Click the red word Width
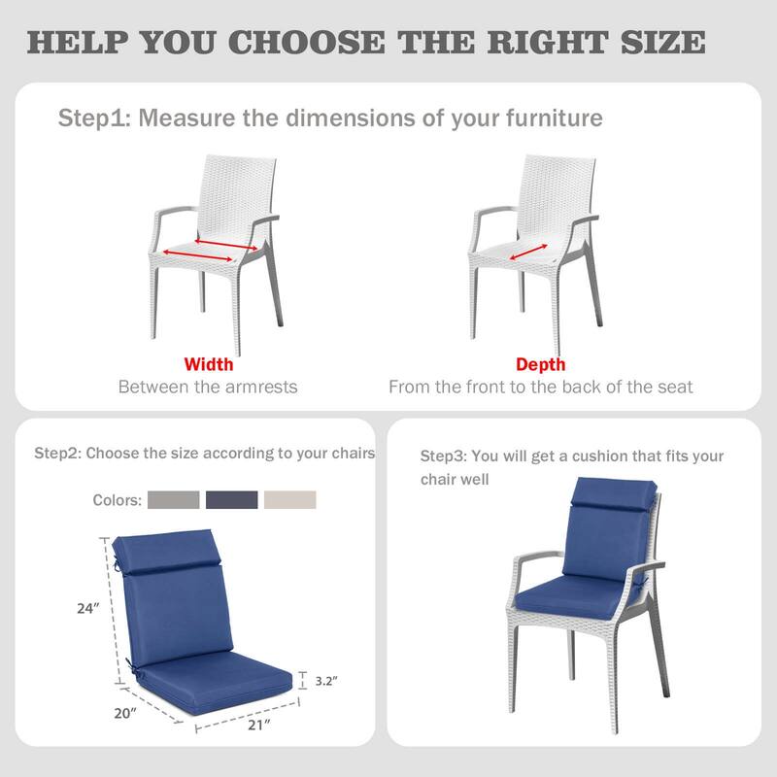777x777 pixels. click(x=209, y=365)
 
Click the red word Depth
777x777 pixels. click(x=541, y=365)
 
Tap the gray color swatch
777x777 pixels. click(x=175, y=500)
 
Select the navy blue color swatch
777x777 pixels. click(x=232, y=500)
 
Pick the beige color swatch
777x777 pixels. click(x=290, y=500)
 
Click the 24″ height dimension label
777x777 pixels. click(x=89, y=609)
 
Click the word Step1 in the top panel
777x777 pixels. click(x=94, y=118)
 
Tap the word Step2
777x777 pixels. click(x=58, y=454)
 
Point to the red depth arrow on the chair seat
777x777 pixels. click(x=527, y=253)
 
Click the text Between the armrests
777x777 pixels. click(x=208, y=387)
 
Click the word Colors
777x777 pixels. click(x=118, y=501)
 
